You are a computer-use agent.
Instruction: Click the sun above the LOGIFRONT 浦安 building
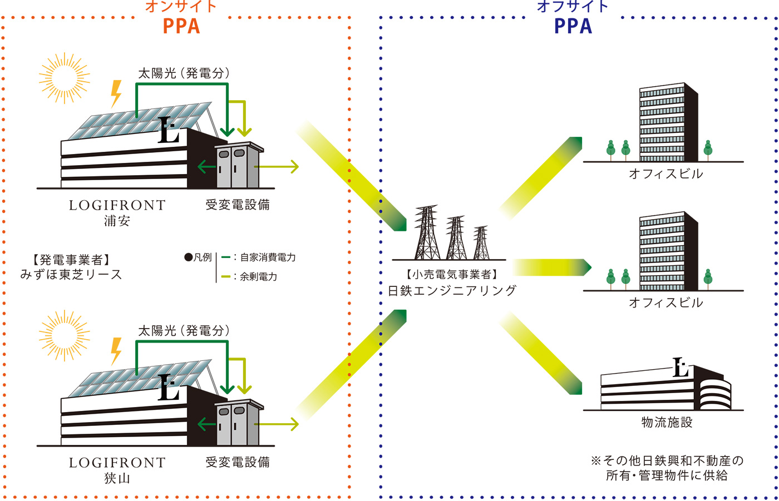coord(65,78)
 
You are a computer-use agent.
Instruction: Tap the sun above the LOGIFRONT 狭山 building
coord(65,336)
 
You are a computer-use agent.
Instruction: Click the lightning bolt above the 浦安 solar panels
coord(116,94)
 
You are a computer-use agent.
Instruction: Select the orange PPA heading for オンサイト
coord(181,26)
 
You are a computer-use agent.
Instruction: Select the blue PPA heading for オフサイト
coord(573,26)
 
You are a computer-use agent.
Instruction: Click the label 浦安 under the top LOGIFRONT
coord(117,221)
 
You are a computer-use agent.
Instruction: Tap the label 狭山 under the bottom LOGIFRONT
coord(117,478)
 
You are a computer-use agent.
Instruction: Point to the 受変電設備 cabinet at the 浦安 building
coord(239,165)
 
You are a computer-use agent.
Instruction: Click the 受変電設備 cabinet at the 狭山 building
coord(239,422)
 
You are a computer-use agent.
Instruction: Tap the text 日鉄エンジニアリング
coord(452,290)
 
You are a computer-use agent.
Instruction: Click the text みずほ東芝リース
coord(71,275)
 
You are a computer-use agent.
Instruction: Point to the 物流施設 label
coord(667,423)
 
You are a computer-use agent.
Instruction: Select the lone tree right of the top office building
coord(708,151)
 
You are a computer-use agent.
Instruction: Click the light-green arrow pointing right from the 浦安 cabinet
coord(277,167)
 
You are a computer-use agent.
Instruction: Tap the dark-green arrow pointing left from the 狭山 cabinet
coord(206,424)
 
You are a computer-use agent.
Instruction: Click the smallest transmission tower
coord(481,242)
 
